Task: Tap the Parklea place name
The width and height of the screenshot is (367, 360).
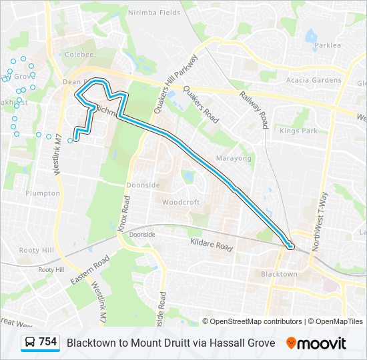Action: [328, 45]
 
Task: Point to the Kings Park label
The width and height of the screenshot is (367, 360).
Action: [298, 131]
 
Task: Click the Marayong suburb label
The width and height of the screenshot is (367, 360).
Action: [234, 159]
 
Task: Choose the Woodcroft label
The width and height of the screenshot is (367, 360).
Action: [180, 201]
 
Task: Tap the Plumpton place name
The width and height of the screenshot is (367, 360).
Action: [43, 193]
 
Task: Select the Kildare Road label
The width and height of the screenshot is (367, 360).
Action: [212, 245]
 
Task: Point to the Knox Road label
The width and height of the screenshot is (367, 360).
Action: [124, 213]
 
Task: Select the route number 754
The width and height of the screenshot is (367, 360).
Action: [47, 342]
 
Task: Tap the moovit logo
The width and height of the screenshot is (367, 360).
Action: [316, 343]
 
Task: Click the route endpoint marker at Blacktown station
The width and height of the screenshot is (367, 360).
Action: [290, 247]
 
